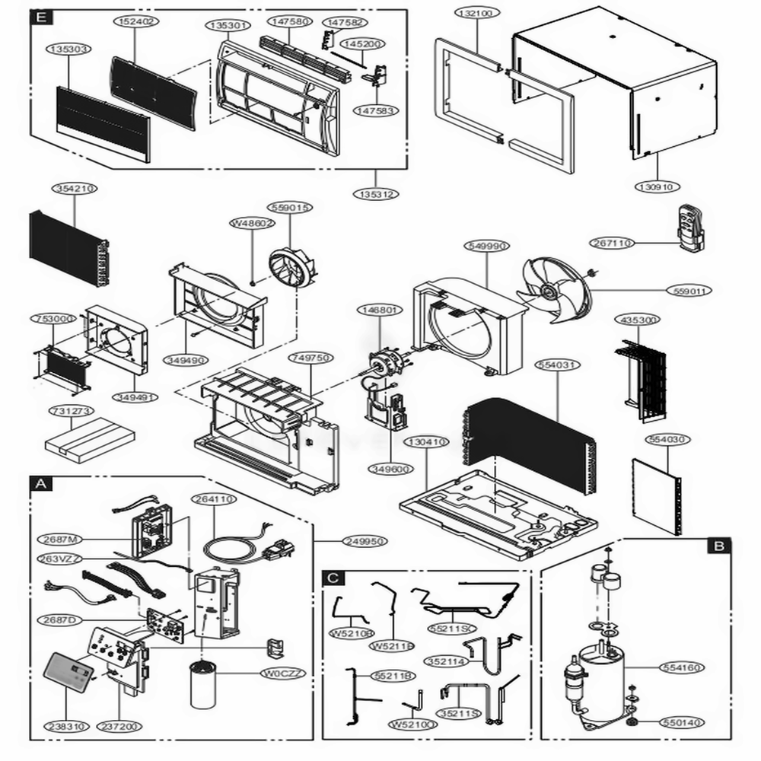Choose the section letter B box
click(x=718, y=545)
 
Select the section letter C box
click(x=333, y=578)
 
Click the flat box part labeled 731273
click(x=90, y=438)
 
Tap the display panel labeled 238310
click(x=70, y=673)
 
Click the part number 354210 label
click(x=75, y=187)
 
